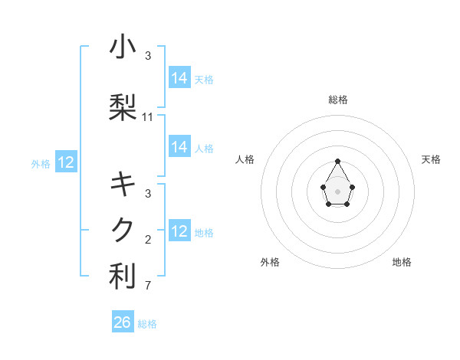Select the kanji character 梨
coord(123,107)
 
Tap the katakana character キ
coord(123,184)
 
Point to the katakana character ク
coord(123,230)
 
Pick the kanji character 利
coord(123,277)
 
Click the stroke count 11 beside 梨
coord(148,117)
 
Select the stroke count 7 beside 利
coord(147,286)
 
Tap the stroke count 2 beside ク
coord(147,240)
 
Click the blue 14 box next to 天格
coord(179,78)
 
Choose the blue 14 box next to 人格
coord(179,147)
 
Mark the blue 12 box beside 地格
coord(179,231)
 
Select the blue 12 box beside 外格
coord(65,162)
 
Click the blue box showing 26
coord(123,322)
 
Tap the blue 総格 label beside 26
coord(147,324)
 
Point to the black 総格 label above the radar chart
coord(337,100)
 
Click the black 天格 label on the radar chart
coord(431,159)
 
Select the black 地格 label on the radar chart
coord(402,262)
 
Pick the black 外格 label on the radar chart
coord(270,262)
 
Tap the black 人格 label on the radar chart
coord(245,159)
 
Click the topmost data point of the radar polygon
coord(337,161)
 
